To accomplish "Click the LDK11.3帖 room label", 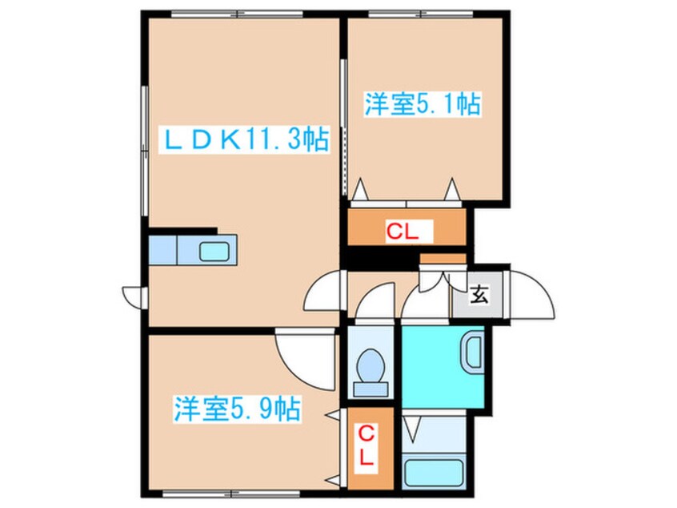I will coord(246,141).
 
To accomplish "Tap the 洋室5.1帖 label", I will coord(423,105).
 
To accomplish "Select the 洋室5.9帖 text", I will coord(237,411).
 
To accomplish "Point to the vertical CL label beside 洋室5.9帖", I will coord(366,448).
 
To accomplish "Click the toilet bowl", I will coord(371,370).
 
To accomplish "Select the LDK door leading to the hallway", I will coord(324,292).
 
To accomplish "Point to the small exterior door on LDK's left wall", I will coord(133,294).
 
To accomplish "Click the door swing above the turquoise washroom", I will coord(419,304).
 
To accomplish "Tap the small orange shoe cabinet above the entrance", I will coord(443,259).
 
